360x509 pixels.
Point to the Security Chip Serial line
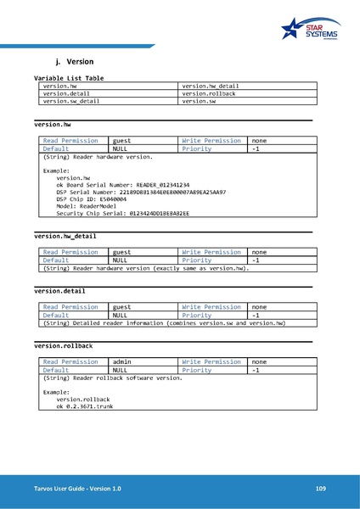pos(123,214)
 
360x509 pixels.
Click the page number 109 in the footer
pos(320,489)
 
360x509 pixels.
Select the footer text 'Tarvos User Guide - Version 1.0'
pos(77,489)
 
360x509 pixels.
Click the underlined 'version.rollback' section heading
pos(63,346)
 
